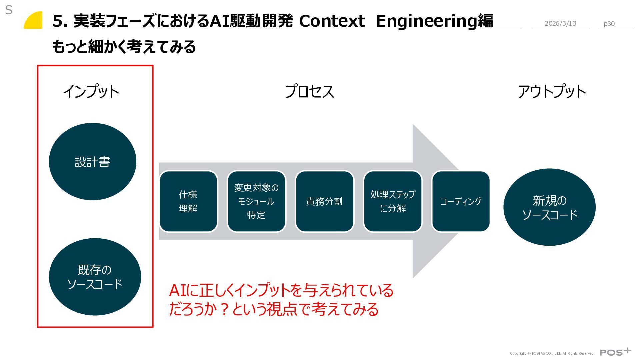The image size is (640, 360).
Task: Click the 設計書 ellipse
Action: point(92,162)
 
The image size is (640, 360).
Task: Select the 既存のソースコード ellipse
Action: point(95,277)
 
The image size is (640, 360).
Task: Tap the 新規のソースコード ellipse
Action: point(549,207)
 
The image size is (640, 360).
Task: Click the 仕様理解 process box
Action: point(188,201)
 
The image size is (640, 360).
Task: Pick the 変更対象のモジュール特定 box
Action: point(256,201)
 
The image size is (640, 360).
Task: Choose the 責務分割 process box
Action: point(324,201)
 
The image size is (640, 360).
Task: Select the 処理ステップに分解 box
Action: point(393,201)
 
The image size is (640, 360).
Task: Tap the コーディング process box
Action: point(461,201)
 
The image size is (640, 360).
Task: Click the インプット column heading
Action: point(91,91)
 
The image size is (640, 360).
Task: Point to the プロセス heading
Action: point(309,91)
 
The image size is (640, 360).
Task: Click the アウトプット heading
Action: point(552,91)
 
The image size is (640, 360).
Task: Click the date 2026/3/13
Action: point(560,23)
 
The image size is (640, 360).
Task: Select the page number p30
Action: point(609,24)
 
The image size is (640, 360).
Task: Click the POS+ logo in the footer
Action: point(615,352)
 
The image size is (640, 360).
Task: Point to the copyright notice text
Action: point(552,353)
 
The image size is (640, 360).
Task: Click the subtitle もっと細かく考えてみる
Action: point(124,47)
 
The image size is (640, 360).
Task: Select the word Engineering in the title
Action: point(427,21)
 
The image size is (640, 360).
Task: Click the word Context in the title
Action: point(332,21)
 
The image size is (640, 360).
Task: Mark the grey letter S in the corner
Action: point(9,10)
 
